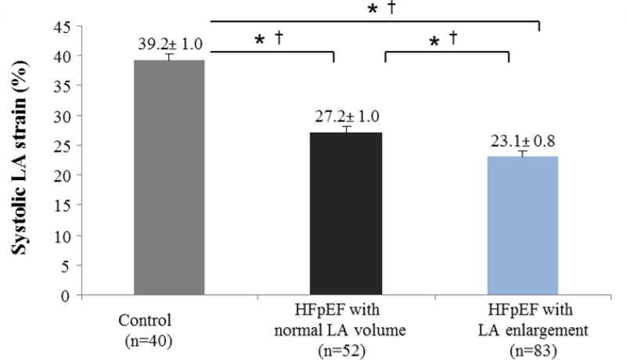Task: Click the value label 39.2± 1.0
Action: (169, 45)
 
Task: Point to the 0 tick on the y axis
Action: (68, 296)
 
